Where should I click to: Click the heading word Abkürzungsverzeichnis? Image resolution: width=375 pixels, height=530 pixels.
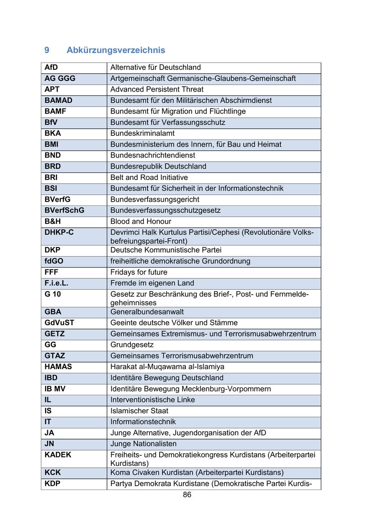116,50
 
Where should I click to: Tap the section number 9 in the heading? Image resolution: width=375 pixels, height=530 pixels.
47,50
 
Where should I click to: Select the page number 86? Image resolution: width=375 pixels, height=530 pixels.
187,495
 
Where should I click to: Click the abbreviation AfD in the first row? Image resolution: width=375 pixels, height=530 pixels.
51,67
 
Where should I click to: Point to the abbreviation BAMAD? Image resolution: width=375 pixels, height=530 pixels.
58,100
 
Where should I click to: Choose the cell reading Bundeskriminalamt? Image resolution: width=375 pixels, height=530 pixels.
142,133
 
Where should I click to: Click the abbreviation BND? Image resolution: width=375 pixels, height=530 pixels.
53,155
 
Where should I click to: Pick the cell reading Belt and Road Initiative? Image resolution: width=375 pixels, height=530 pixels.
149,177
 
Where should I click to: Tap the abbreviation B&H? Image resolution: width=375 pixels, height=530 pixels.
53,221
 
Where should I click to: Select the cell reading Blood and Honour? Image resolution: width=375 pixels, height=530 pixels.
141,221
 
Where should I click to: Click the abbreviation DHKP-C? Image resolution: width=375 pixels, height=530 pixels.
59,232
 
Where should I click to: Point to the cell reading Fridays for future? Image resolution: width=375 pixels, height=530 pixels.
139,272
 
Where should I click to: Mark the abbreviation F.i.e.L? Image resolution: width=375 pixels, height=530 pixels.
57,283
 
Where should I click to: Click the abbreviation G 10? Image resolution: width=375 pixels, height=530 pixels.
53,294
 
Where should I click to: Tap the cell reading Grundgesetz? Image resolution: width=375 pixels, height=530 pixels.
132,345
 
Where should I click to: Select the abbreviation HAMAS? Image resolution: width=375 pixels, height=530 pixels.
58,367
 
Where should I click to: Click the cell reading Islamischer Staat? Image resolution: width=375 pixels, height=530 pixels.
140,411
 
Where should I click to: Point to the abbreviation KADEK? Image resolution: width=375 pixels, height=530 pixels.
58,455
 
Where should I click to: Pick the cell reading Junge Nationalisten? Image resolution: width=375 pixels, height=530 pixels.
143,444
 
